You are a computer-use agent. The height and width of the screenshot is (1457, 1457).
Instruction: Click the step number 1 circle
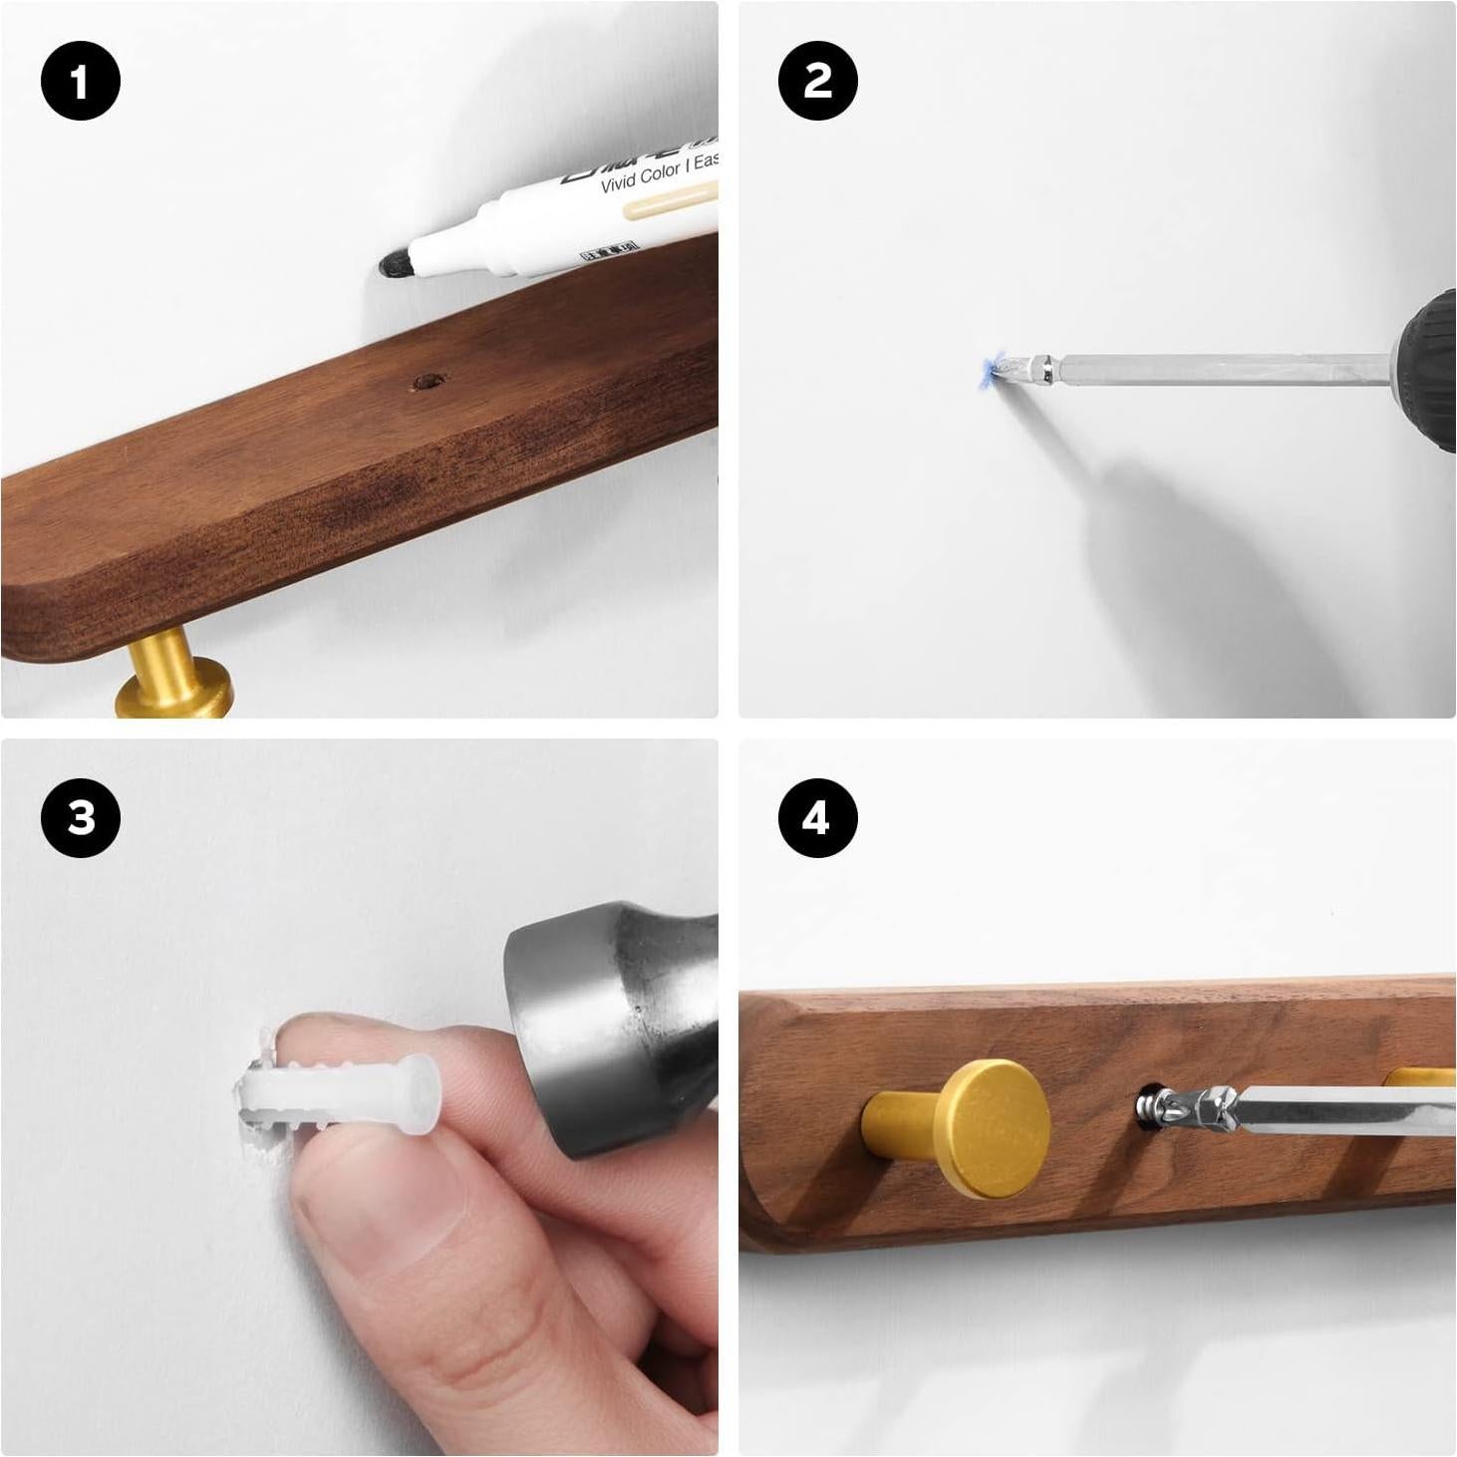(81, 81)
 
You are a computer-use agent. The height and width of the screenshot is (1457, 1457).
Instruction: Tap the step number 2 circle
(817, 81)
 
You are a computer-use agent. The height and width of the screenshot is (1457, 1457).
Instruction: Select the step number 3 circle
(81, 818)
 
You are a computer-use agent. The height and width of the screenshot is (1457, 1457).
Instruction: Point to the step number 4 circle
(817, 818)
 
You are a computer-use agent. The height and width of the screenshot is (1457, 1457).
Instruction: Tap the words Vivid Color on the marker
(640, 177)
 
